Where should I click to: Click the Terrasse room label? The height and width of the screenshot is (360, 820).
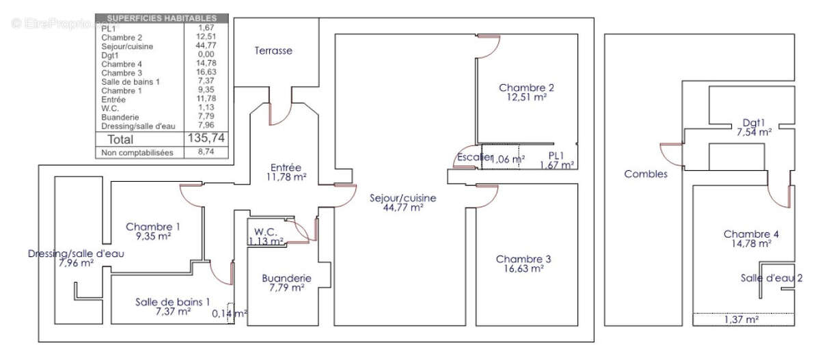(273, 51)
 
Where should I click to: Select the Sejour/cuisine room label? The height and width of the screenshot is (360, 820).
(403, 203)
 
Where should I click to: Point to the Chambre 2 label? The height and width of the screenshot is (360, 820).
(526, 92)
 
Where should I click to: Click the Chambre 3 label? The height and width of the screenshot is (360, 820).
(523, 264)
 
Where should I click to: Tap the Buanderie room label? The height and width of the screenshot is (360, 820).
(287, 283)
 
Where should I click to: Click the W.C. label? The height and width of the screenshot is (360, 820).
(266, 236)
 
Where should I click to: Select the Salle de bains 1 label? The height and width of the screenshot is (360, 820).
(172, 307)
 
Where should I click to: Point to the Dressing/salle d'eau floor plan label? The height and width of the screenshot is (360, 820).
(77, 258)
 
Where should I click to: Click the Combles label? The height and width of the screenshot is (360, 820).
(646, 174)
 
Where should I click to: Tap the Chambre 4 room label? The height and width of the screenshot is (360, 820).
(751, 238)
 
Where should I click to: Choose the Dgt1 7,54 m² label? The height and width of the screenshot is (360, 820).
(754, 128)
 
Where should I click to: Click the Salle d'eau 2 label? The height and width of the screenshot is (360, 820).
(771, 278)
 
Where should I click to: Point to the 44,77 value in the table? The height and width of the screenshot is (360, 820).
(205, 46)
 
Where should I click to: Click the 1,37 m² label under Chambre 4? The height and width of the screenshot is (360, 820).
(741, 319)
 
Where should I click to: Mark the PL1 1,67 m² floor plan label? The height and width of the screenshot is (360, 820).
(557, 160)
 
